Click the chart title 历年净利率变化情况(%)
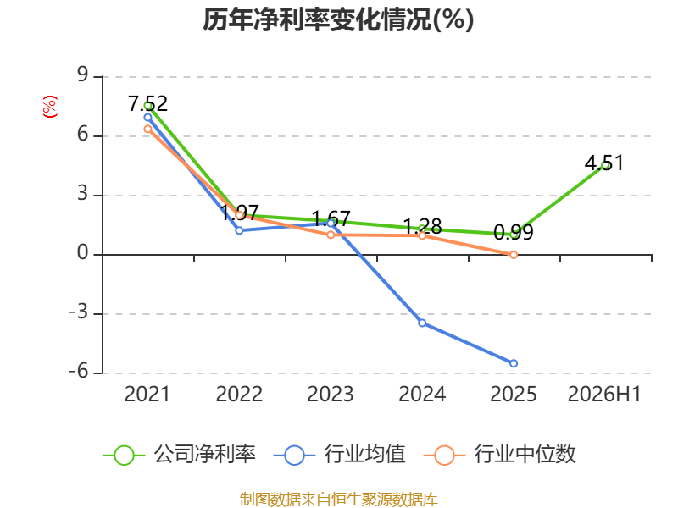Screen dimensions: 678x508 point(338,19)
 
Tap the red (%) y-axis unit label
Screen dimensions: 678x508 point(50,107)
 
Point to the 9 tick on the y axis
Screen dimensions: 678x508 point(82,75)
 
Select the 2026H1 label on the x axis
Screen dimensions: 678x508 point(604,394)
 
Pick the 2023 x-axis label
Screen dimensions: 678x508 point(331,394)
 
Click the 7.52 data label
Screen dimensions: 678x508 point(147,103)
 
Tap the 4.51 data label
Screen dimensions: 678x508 point(604,163)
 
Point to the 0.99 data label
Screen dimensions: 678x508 point(514,232)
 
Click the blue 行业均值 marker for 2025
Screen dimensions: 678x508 point(514,363)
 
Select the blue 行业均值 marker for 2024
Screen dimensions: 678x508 point(422,323)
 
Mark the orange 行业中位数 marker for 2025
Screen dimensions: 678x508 point(514,255)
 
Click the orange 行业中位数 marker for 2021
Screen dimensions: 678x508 point(147,129)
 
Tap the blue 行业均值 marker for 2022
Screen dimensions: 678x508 point(239,230)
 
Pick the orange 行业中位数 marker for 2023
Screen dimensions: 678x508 point(331,235)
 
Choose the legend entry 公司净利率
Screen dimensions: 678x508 point(180,455)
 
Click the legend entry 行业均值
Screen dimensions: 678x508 point(340,455)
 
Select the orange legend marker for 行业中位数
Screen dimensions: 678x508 point(444,456)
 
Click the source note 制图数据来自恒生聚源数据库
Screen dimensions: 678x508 point(338,500)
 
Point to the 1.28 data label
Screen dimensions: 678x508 point(422,226)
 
